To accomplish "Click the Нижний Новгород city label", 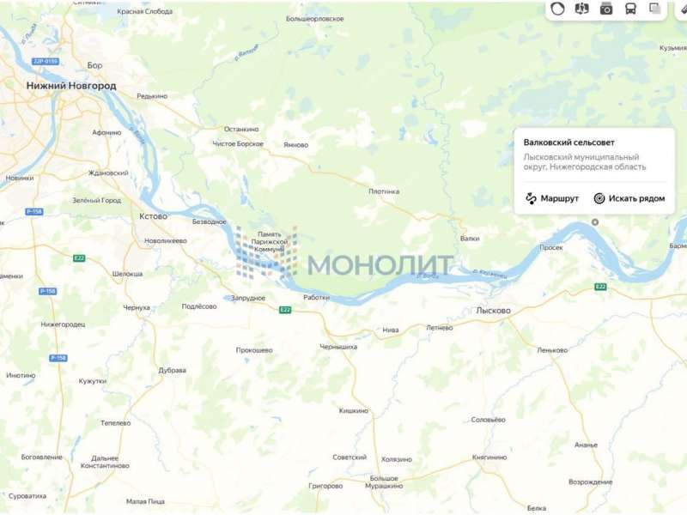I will pos(71,86).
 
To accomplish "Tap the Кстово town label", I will pos(153,216).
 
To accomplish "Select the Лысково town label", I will pos(493,310).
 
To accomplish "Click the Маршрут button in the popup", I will pos(552,198).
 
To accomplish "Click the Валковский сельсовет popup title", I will pos(569,142).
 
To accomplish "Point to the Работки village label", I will pos(316,297).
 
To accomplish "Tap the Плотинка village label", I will pos(384,191).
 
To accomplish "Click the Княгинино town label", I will pos(489,457).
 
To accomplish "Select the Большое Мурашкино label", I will pos(383,482).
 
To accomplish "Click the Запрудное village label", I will pos(248,298).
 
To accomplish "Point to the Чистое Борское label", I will pos(238,143).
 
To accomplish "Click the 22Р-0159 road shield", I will pos(45,62).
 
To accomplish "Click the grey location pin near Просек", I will pos(595,222).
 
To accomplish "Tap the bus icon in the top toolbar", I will pos(630,9).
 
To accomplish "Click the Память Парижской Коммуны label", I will pos(270,241).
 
